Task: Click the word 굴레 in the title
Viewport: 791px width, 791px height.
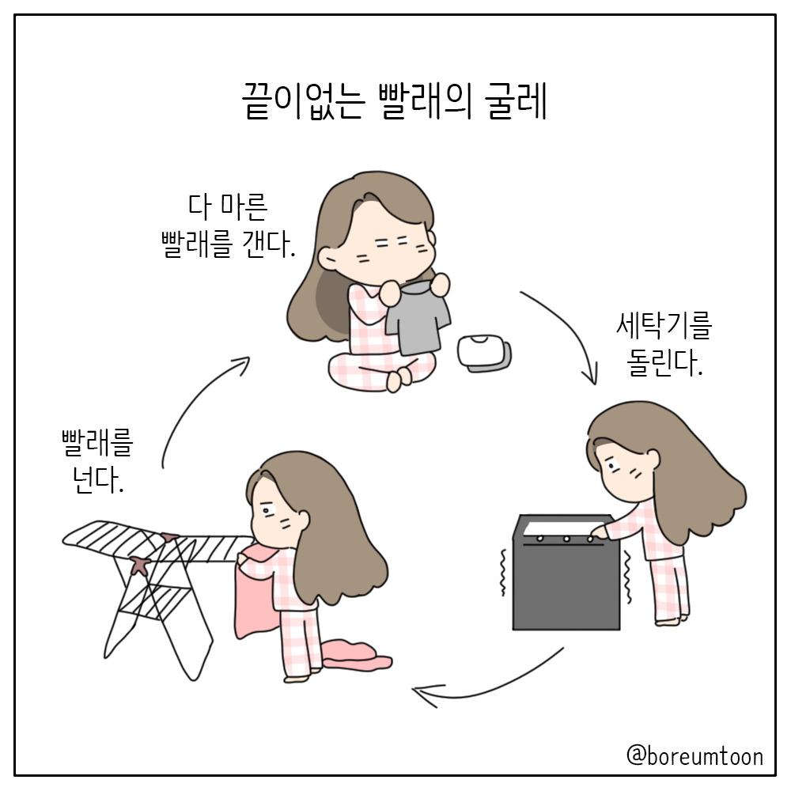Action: pos(516,101)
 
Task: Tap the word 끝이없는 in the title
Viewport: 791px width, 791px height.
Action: pos(303,101)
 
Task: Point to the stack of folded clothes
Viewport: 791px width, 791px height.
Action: pos(484,353)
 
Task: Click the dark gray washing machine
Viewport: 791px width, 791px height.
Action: pos(566,572)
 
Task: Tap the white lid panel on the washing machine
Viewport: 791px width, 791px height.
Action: pos(564,528)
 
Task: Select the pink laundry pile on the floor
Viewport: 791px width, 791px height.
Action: pos(356,656)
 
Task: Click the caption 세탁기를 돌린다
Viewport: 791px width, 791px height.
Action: pos(664,344)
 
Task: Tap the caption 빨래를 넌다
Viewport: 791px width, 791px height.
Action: pos(97,461)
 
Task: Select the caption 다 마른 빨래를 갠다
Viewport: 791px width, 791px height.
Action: pos(228,225)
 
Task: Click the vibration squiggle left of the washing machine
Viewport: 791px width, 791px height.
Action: pos(502,573)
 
